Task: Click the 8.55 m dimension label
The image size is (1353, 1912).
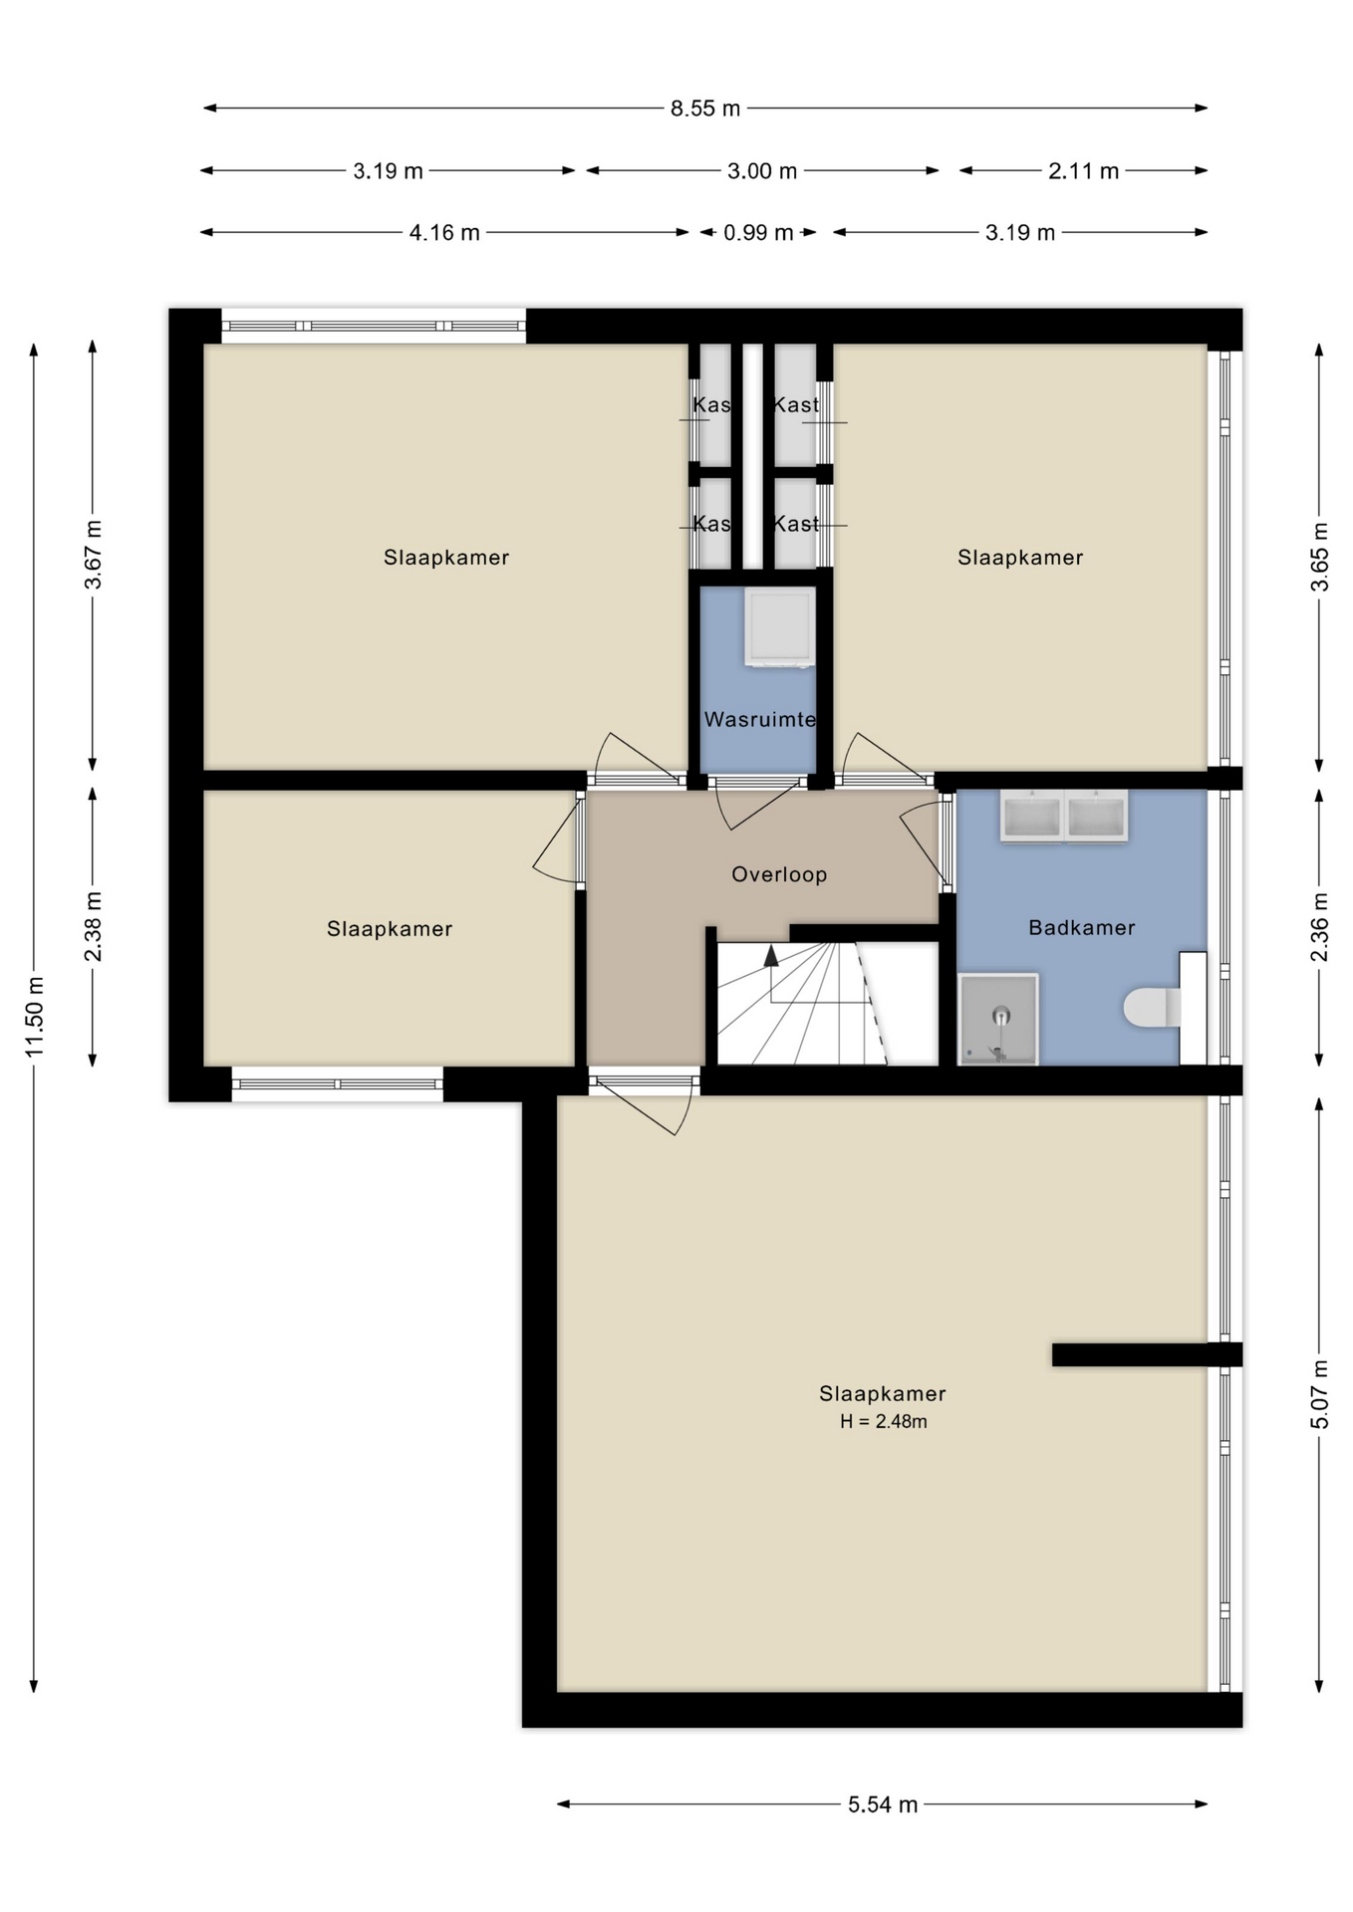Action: click(x=705, y=109)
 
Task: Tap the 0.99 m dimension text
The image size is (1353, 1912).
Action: click(x=758, y=233)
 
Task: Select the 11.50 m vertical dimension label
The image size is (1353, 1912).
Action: click(x=35, y=1017)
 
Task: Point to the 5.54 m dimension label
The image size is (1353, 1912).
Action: click(x=883, y=1804)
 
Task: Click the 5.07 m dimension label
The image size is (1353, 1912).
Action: click(x=1320, y=1394)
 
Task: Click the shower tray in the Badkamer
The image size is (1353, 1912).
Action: click(x=998, y=1019)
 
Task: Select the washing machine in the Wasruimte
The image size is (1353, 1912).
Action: click(x=779, y=626)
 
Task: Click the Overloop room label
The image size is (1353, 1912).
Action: click(x=779, y=874)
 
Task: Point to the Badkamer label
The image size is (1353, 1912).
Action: click(x=1082, y=928)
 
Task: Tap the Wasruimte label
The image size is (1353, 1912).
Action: click(x=760, y=719)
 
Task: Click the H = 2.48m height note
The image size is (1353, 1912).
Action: click(x=884, y=1421)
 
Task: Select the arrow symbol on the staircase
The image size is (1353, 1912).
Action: click(x=770, y=956)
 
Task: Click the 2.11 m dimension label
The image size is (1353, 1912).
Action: click(x=1083, y=171)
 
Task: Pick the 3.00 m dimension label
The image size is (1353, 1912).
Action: click(x=762, y=171)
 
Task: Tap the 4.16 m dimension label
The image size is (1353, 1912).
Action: click(x=444, y=233)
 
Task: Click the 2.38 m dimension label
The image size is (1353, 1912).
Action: click(x=94, y=927)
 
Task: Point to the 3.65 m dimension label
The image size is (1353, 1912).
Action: click(x=1320, y=557)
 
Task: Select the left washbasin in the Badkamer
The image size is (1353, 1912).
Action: click(x=1032, y=817)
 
